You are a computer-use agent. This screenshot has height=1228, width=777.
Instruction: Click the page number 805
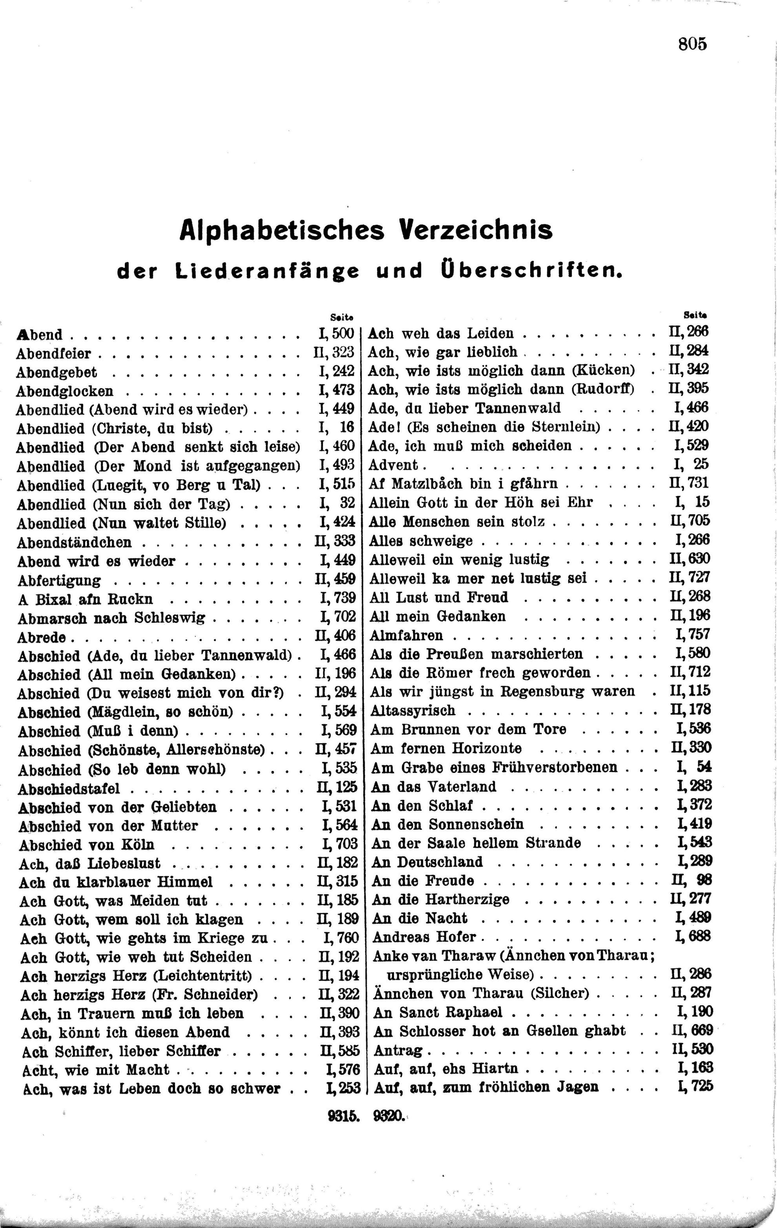[692, 44]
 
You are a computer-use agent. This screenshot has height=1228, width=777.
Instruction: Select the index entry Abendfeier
[54, 353]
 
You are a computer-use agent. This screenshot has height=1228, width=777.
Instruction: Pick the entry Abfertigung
[59, 580]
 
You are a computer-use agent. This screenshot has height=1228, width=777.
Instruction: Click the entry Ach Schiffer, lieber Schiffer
[121, 1051]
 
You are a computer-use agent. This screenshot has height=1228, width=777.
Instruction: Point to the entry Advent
[393, 464]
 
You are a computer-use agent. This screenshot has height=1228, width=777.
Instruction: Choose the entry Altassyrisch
[412, 710]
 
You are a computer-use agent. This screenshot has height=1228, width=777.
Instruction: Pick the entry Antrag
[398, 1050]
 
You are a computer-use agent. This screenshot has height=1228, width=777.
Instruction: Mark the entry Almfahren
[406, 635]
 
